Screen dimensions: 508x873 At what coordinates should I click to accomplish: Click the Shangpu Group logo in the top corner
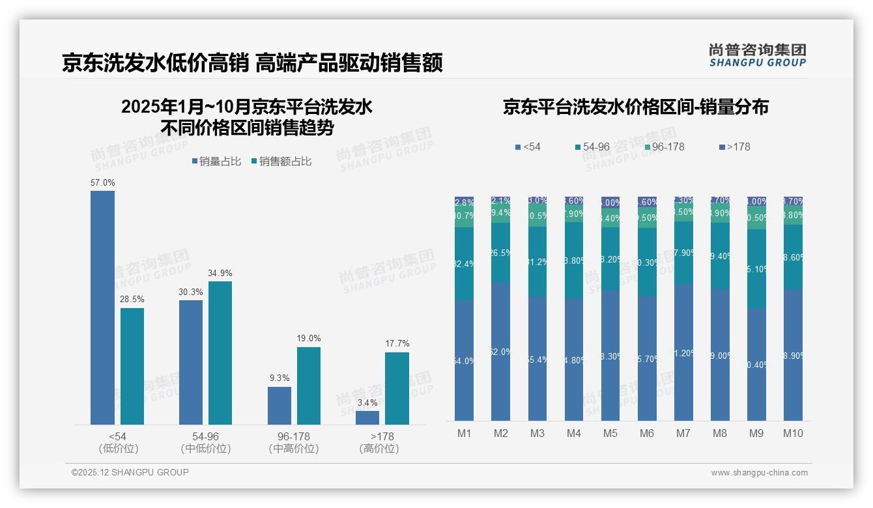pyautogui.click(x=757, y=55)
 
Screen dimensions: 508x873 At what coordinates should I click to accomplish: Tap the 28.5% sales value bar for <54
pyautogui.click(x=132, y=366)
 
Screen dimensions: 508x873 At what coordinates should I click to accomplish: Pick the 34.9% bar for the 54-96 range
pyautogui.click(x=220, y=353)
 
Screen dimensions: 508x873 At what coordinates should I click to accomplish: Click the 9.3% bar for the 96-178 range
pyautogui.click(x=279, y=405)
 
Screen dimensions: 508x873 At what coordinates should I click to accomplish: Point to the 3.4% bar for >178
pyautogui.click(x=367, y=417)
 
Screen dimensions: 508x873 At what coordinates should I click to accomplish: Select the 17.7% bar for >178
pyautogui.click(x=397, y=388)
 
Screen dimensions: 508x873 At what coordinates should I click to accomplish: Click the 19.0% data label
pyautogui.click(x=309, y=339)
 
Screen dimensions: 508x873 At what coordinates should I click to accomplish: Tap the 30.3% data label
pyautogui.click(x=191, y=292)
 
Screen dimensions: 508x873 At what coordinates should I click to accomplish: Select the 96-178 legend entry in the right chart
pyautogui.click(x=664, y=147)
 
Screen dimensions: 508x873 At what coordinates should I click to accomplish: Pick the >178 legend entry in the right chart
pyautogui.click(x=735, y=147)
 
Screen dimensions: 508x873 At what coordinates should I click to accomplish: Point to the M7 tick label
pyautogui.click(x=683, y=433)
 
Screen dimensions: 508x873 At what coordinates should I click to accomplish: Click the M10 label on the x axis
pyautogui.click(x=792, y=433)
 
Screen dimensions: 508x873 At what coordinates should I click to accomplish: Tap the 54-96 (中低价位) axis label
pyautogui.click(x=206, y=442)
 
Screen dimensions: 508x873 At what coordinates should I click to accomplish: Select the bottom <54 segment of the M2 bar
pyautogui.click(x=501, y=350)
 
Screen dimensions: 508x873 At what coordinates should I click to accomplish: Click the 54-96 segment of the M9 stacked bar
pyautogui.click(x=756, y=268)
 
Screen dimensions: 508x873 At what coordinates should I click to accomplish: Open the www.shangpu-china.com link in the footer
pyautogui.click(x=759, y=473)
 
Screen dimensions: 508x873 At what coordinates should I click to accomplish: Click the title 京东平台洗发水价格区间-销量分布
pyautogui.click(x=635, y=107)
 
